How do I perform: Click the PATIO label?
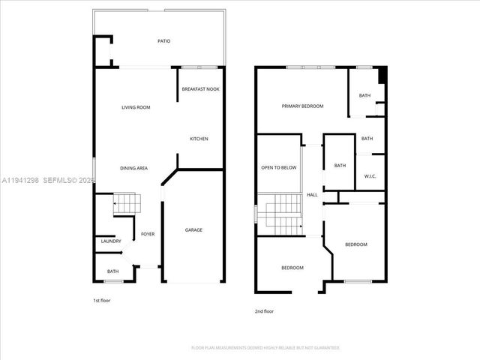pos(163,41)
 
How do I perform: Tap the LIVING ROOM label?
pos(136,107)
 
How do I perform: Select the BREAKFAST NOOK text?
pos(200,89)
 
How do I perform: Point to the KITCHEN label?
pos(199,139)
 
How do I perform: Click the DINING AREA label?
pos(133,168)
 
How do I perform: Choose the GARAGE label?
pos(193,230)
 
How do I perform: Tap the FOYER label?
pos(148,234)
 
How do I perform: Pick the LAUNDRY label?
pos(111,241)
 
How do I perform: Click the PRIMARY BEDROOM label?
pos(302,106)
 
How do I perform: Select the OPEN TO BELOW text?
pos(279,167)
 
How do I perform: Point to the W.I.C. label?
pos(370,177)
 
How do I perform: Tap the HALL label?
pos(312,195)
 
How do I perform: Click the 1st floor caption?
pos(101,300)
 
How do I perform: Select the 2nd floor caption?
pos(264,311)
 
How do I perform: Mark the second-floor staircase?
pos(279,214)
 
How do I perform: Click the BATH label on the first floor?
pos(112,271)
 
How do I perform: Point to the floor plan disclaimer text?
pos(265,348)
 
